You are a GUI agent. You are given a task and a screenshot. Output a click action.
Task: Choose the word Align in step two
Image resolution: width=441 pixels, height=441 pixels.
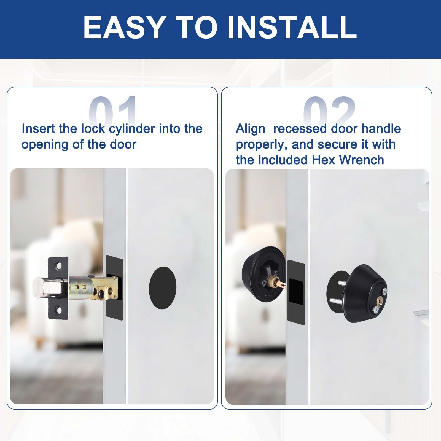tap(251, 129)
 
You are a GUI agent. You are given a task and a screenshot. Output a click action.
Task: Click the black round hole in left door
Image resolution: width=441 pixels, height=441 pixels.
tap(163, 288)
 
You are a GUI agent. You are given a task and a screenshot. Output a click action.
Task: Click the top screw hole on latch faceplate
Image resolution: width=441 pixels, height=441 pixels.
tap(59, 266)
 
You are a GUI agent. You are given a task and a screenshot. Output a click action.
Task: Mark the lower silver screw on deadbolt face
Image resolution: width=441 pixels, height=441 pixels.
tap(376, 309)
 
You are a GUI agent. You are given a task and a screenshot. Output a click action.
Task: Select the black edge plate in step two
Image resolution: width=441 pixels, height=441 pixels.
tap(296, 292)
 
